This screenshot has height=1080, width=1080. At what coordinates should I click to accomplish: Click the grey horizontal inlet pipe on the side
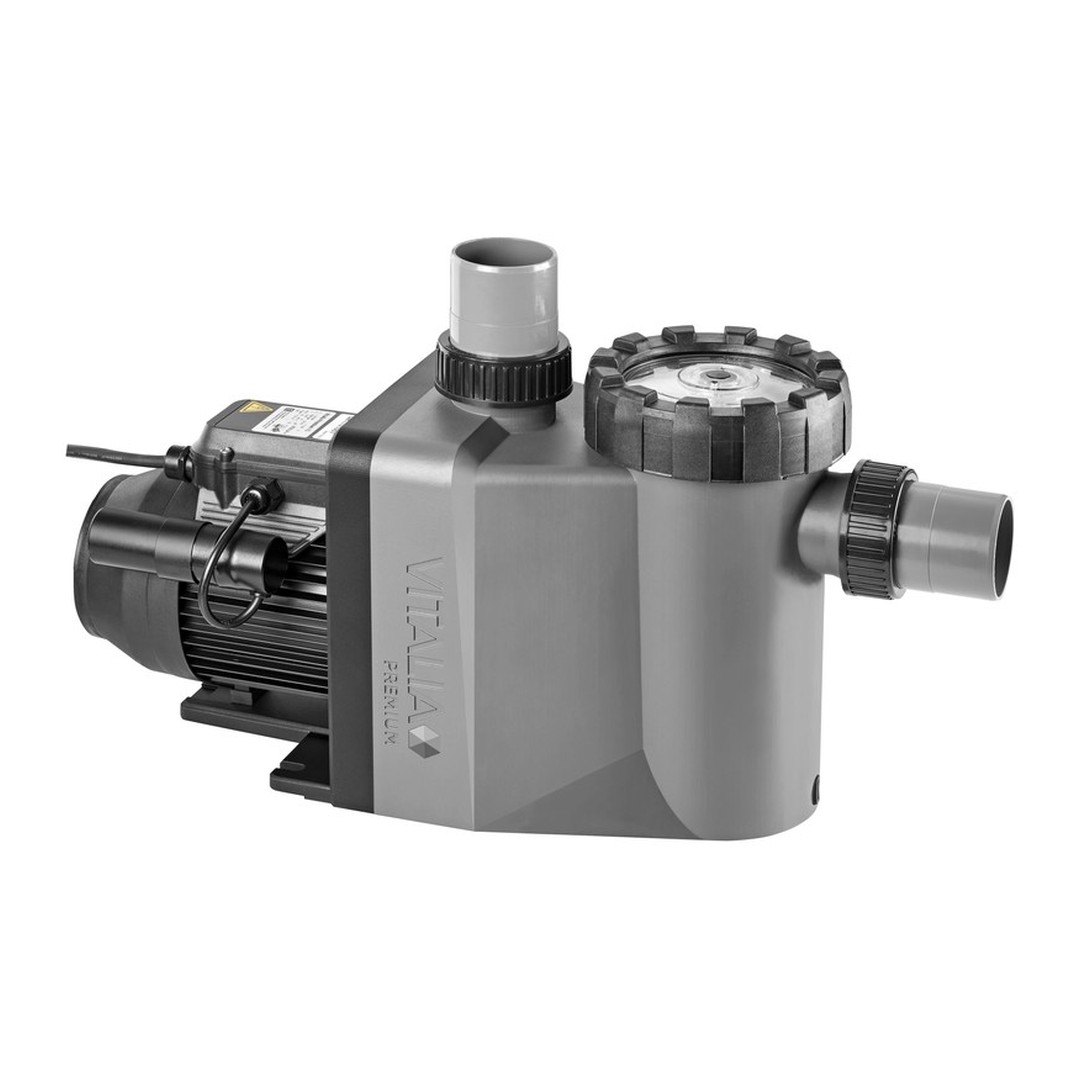(965, 541)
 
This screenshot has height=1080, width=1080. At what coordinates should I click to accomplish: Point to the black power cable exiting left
(110, 454)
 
